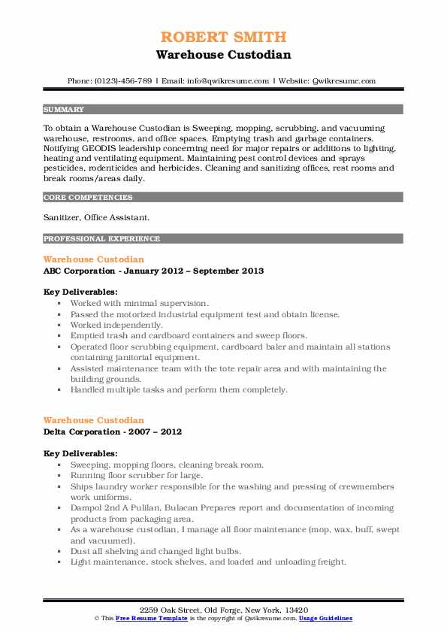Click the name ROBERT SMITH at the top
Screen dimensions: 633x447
point(223,38)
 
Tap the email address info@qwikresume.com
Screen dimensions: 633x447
point(222,80)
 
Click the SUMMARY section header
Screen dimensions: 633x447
point(64,109)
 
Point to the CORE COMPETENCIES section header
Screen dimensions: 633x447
point(88,198)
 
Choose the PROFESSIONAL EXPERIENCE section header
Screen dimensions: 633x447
point(101,239)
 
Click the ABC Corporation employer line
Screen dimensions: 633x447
point(153,271)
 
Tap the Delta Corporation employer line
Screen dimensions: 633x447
point(112,432)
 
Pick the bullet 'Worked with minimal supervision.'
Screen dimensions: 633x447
point(139,303)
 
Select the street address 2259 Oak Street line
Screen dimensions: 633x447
point(223,608)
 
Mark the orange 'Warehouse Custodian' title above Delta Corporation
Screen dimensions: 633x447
point(94,420)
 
